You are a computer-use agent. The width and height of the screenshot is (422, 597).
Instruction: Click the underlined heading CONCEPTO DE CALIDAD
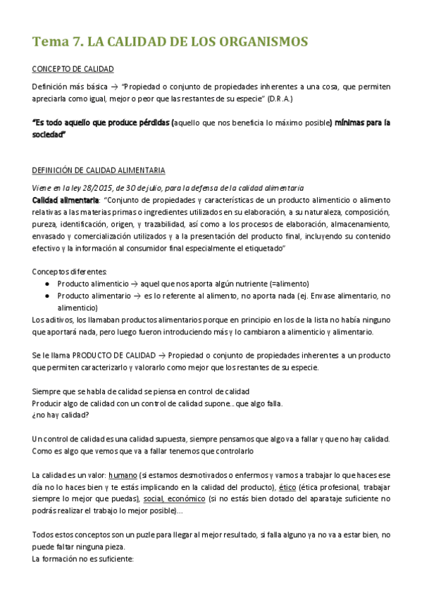[73, 68]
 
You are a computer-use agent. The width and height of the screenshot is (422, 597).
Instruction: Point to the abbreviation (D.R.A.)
[277, 97]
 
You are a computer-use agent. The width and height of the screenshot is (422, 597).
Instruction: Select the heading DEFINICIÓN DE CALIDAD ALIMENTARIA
[99, 170]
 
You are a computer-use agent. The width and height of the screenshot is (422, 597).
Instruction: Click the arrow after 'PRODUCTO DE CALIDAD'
[161, 356]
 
